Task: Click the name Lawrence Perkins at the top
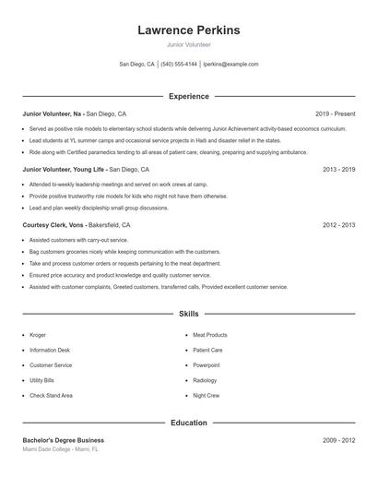[x=188, y=30]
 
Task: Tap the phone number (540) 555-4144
[x=179, y=65]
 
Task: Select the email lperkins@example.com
[x=230, y=65]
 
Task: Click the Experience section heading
[x=188, y=96]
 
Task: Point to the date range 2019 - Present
[x=335, y=113]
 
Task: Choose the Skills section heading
[x=188, y=314]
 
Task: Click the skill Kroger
[x=39, y=335]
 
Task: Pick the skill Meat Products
[x=210, y=335]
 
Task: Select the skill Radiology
[x=205, y=380]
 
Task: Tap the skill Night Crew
[x=207, y=395]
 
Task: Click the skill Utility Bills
[x=42, y=380]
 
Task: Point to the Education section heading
[x=188, y=423]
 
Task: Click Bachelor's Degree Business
[x=64, y=441]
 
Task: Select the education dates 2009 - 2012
[x=338, y=441]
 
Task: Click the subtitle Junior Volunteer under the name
[x=188, y=44]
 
